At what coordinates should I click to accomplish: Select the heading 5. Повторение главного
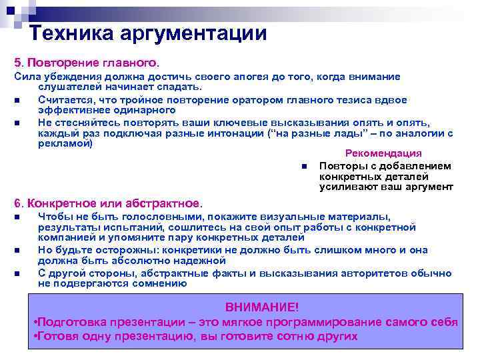pos(87,62)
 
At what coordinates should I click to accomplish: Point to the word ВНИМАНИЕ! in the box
pos(262,307)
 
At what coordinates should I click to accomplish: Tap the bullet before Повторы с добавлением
pos(303,167)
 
